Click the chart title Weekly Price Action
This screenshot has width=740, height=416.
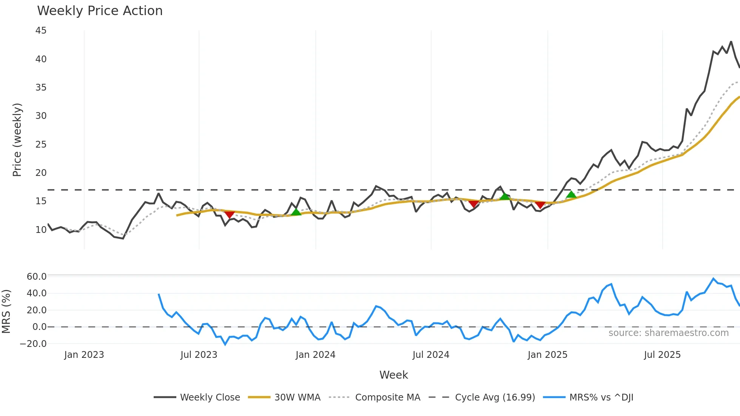[x=100, y=11]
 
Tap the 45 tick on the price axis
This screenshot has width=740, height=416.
[x=41, y=31]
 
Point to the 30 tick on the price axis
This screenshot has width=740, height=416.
[x=41, y=116]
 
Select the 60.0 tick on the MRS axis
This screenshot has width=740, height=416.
[x=37, y=277]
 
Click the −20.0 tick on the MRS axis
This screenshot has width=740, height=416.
[x=33, y=344]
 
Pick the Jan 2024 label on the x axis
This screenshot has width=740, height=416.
[x=315, y=355]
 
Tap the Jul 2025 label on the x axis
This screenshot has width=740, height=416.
[x=662, y=355]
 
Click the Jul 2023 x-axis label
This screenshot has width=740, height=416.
[x=199, y=355]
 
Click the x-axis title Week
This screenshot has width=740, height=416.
[x=393, y=375]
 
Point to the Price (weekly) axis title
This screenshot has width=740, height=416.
[x=17, y=140]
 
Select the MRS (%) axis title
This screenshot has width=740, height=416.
[x=6, y=311]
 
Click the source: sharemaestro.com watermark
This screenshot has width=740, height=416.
[x=668, y=333]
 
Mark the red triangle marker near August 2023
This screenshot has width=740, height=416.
[x=229, y=215]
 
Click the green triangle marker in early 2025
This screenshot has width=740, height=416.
[x=571, y=194]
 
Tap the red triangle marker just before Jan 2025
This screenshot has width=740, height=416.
[x=540, y=205]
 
